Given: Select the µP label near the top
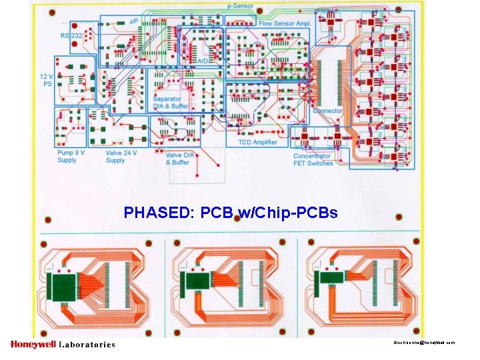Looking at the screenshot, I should click(133, 21).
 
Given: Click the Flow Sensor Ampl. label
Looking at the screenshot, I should click(285, 23).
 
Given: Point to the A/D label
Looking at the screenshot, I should click(203, 61).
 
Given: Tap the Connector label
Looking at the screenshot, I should click(327, 111).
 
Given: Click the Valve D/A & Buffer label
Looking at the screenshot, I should click(179, 158).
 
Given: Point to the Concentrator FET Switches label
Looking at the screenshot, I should click(313, 159).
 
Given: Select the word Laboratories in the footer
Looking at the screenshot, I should click(87, 345).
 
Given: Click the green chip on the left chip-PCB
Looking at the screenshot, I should click(66, 286).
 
